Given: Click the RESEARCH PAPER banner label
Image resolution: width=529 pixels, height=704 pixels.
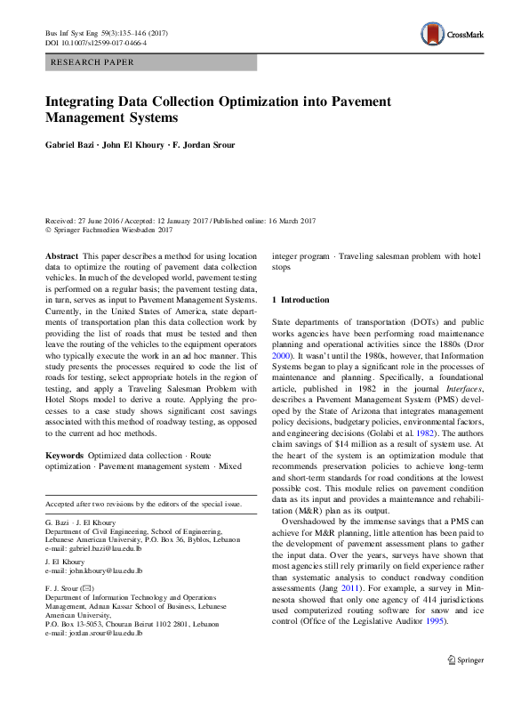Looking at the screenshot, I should tap(92, 62).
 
